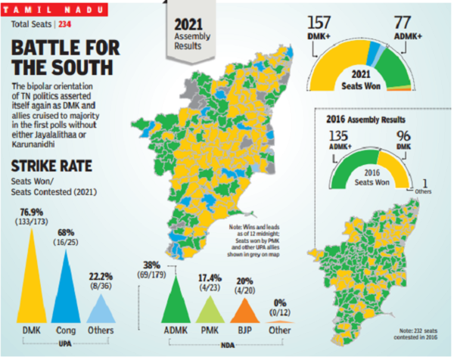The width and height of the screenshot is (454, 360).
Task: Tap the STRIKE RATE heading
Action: click(x=44, y=166)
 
